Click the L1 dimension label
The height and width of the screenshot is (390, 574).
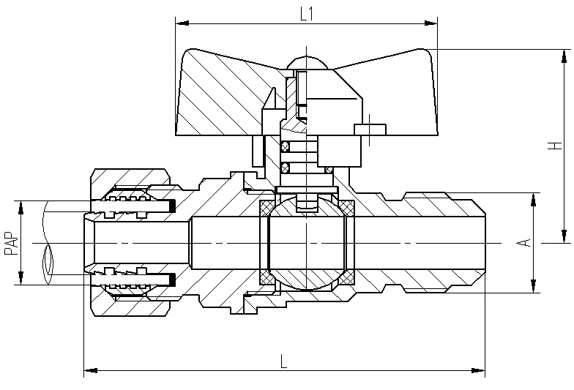(x=306, y=15)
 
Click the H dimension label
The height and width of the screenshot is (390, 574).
(x=556, y=145)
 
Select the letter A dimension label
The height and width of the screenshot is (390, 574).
(x=526, y=243)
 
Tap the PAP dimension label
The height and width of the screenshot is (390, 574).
(x=12, y=243)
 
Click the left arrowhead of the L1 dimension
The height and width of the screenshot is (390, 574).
(x=182, y=23)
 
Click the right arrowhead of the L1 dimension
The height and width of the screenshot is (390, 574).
(x=430, y=23)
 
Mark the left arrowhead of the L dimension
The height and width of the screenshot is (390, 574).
(x=91, y=370)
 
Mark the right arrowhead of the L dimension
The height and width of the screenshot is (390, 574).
(x=478, y=370)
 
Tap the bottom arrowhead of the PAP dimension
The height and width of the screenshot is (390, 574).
(x=20, y=278)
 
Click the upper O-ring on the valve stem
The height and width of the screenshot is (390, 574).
(x=286, y=148)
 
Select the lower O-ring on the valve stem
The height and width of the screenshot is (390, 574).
(x=286, y=168)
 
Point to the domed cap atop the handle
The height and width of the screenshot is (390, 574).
(x=307, y=63)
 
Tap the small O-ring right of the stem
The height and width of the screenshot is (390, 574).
(x=329, y=170)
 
